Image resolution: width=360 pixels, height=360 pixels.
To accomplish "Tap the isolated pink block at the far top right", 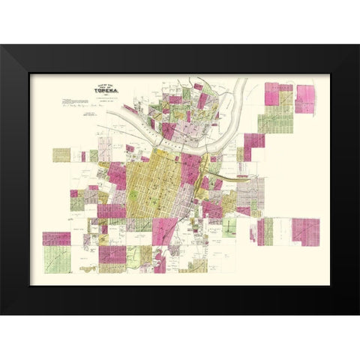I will point(306,98).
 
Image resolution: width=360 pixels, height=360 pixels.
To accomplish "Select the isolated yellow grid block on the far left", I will point(61,154).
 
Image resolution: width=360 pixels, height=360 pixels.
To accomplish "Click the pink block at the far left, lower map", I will point(56,238).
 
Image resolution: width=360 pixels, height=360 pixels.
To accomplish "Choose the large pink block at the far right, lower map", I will point(304,231).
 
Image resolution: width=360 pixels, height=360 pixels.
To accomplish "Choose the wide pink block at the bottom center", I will point(112,255).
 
